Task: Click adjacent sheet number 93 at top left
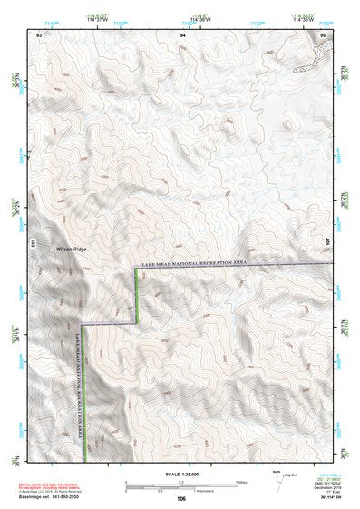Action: tap(39, 34)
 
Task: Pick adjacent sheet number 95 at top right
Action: tap(324, 34)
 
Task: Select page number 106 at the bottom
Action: tap(181, 499)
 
